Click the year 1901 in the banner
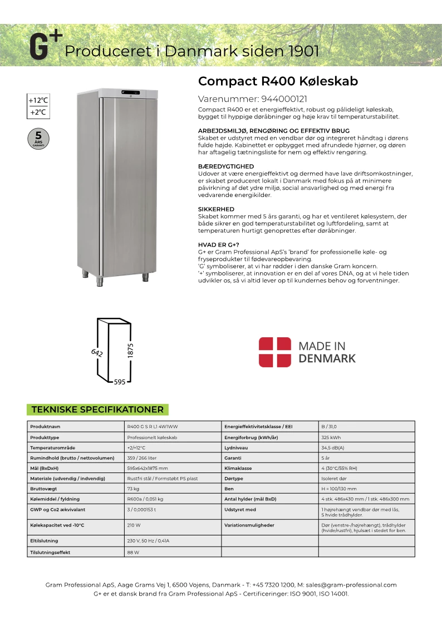coord(304,52)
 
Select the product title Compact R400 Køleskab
coord(278,81)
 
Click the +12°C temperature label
coord(38,101)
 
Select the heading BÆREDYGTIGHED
coord(226,166)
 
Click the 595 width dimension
coord(119,382)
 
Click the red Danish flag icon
coord(275,352)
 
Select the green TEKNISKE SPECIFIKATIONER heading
coord(97,410)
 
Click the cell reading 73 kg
coord(132,488)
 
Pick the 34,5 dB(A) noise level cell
coord(333,447)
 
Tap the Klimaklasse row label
coord(238,468)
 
